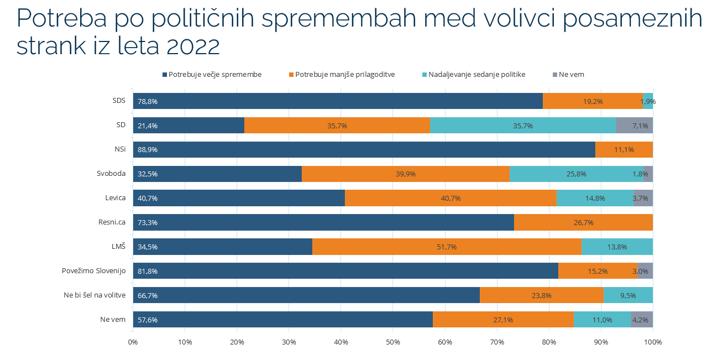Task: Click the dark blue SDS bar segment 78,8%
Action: (337, 101)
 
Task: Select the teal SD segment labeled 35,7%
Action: (522, 126)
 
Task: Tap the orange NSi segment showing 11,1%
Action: (624, 150)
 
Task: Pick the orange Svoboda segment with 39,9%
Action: (405, 174)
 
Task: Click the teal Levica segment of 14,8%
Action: (595, 198)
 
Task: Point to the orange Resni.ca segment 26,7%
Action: (583, 222)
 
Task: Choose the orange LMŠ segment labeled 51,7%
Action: (447, 247)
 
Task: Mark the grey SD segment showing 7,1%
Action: (634, 126)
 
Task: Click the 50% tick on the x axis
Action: (392, 342)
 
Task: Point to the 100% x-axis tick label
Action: (652, 342)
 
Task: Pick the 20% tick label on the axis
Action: (237, 342)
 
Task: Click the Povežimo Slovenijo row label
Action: (93, 271)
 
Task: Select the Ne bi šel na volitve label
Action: (95, 295)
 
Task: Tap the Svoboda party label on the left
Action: (111, 174)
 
